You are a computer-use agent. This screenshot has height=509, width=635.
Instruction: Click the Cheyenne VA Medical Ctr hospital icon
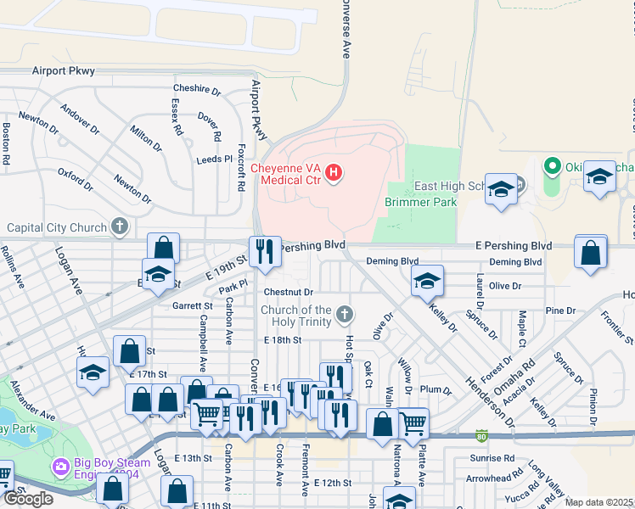(334, 174)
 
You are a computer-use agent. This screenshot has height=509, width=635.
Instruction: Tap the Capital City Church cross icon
(121, 227)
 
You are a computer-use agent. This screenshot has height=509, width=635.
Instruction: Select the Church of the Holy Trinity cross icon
(344, 315)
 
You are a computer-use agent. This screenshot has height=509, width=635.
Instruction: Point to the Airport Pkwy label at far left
(64, 71)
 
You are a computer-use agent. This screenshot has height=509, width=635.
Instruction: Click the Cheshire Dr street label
(196, 89)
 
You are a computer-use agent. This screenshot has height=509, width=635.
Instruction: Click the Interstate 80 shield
(481, 434)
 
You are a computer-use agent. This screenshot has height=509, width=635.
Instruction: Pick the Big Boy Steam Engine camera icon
(60, 467)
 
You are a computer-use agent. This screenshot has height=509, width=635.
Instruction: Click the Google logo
(28, 498)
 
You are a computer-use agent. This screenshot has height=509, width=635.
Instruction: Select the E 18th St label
(282, 339)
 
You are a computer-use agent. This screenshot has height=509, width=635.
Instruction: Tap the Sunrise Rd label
(497, 456)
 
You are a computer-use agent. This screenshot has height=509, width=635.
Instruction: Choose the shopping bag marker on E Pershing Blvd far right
(591, 253)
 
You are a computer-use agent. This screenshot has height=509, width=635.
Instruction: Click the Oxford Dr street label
(75, 179)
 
